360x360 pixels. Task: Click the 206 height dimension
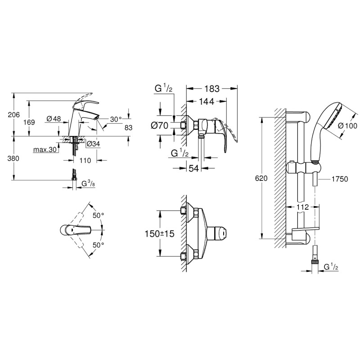pyautogui.click(x=14, y=115)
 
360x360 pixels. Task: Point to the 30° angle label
pyautogui.click(x=116, y=119)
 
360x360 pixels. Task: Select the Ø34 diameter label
pyautogui.click(x=93, y=144)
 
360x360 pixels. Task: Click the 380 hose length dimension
pyautogui.click(x=14, y=158)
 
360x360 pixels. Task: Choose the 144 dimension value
pyautogui.click(x=207, y=102)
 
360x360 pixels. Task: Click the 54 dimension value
pyautogui.click(x=193, y=169)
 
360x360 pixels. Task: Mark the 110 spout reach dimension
pyautogui.click(x=85, y=160)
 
